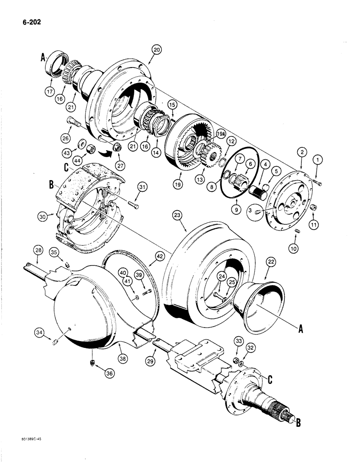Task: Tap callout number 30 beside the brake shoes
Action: [x=43, y=215]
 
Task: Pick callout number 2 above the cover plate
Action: [x=301, y=152]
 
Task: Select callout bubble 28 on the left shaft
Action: [x=38, y=250]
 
